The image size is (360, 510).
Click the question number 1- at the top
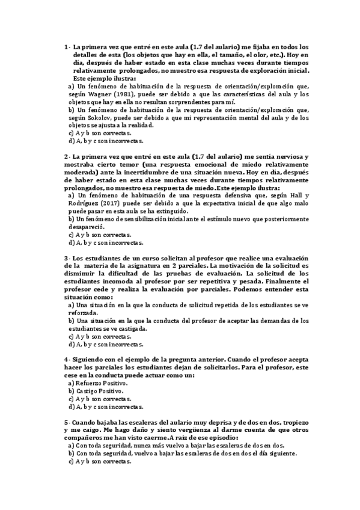pyautogui.click(x=67, y=46)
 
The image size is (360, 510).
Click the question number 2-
pyautogui.click(x=67, y=156)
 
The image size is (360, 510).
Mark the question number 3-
pyautogui.click(x=67, y=258)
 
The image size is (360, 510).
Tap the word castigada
pyautogui.click(x=135, y=328)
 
